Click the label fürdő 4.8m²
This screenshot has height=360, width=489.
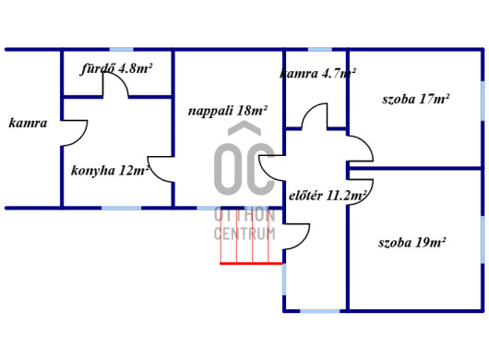(116, 68)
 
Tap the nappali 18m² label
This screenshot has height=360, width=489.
(228, 111)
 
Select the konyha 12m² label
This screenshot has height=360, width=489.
(110, 171)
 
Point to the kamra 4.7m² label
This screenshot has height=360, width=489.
(317, 74)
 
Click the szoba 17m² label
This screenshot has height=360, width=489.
(416, 99)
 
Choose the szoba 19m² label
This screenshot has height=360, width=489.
(412, 243)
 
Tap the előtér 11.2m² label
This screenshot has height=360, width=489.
(328, 196)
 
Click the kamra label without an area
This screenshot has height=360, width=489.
(28, 123)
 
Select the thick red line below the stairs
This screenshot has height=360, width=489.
(251, 264)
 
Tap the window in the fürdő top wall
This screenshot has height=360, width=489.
(122, 49)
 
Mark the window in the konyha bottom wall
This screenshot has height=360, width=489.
(121, 208)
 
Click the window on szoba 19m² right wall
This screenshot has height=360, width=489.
(483, 240)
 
